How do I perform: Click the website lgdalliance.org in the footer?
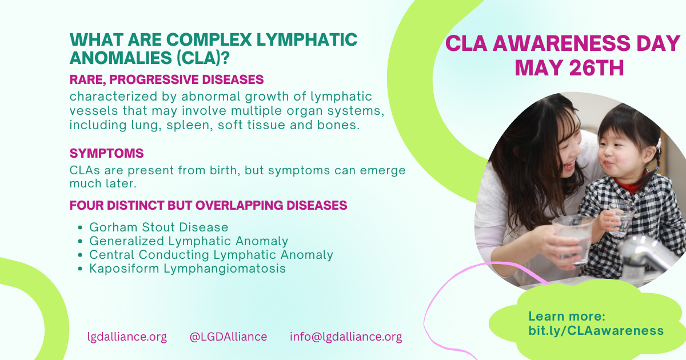[127, 337]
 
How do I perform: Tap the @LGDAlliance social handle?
[228, 337]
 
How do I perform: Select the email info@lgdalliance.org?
[346, 337]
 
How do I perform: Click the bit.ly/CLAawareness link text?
[596, 331]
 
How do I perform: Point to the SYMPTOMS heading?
[106, 153]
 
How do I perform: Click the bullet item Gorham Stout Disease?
[159, 227]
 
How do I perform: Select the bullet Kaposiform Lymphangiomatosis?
[188, 269]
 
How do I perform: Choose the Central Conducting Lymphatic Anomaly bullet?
[212, 255]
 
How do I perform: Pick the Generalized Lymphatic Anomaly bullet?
[189, 241]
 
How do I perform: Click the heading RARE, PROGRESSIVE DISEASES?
[166, 79]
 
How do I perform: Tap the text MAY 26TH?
[569, 68]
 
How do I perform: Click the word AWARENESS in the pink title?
[561, 43]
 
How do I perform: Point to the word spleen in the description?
[190, 125]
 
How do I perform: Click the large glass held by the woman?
[572, 239]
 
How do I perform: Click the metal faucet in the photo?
[649, 254]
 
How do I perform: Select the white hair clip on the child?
[658, 144]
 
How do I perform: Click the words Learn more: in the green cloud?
[567, 317]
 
